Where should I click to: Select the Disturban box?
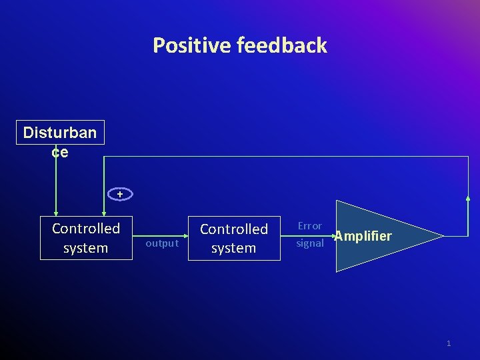(60, 132)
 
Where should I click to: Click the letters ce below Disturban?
(60, 151)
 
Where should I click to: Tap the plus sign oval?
(120, 194)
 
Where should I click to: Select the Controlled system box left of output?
(86, 238)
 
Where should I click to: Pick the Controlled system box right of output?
(234, 238)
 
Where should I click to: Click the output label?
(161, 243)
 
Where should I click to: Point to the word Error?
(309, 227)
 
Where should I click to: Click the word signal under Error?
(310, 243)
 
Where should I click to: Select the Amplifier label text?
(363, 236)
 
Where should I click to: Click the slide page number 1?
(449, 343)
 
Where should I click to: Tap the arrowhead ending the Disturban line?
(56, 213)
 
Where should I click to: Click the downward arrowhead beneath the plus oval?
(103, 213)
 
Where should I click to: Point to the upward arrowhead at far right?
(467, 197)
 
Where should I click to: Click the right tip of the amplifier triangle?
(443, 236)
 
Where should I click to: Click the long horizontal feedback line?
(287, 157)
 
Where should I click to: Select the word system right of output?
(234, 248)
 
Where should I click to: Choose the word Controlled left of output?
(86, 229)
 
